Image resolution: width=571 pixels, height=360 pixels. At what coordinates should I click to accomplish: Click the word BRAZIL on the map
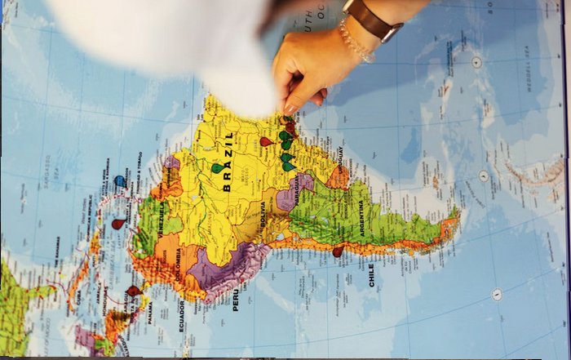tap(228, 162)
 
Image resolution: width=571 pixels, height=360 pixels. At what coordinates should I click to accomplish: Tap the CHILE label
tap(371, 273)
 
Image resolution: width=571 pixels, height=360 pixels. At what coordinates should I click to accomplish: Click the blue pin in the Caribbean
tap(120, 180)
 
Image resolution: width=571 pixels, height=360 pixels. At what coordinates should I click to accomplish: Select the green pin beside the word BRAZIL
tap(217, 167)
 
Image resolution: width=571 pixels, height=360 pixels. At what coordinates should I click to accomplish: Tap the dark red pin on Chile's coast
tap(338, 251)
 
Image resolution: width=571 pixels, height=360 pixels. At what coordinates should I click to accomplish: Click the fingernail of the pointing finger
tap(290, 109)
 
